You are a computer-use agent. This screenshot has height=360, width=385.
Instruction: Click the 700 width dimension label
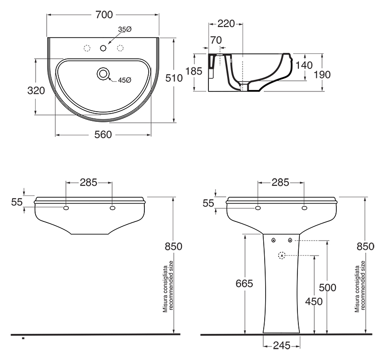pos(104,15)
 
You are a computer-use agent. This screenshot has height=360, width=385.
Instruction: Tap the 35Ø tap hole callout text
pos(125,29)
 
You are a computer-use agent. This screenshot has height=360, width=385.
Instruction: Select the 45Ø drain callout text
pos(125,80)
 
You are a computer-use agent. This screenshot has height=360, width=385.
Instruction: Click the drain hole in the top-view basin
pos(103,73)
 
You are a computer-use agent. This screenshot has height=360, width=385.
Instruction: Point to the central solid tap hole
pos(103,48)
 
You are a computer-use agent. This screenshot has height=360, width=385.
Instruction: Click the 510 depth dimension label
pos(174,78)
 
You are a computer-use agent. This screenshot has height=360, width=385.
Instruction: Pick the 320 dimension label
pos(36,90)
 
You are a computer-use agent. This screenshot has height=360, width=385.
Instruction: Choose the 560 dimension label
pos(103,135)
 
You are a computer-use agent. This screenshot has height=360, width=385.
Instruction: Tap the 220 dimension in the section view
pos(226,24)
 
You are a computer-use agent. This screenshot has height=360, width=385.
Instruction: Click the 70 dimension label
pos(216,40)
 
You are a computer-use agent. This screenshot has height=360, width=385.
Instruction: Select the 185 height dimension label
pos(194,71)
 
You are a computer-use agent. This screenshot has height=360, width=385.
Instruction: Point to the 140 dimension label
pos(304,65)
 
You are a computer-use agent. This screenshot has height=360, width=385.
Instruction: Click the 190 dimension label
pos(322,75)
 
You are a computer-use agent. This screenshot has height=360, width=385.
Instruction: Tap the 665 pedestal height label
pos(244,283)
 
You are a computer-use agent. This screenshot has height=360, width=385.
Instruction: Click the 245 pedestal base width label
pos(282,346)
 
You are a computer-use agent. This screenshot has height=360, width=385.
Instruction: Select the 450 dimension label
pos(314,301)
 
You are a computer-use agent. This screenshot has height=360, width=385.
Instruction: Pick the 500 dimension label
pos(328,287)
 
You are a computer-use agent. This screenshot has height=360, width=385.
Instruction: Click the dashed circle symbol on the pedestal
pos(282,256)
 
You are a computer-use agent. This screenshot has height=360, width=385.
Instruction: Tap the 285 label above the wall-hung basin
pos(89,182)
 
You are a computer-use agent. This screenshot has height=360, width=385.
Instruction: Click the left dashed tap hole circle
pos(87,48)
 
